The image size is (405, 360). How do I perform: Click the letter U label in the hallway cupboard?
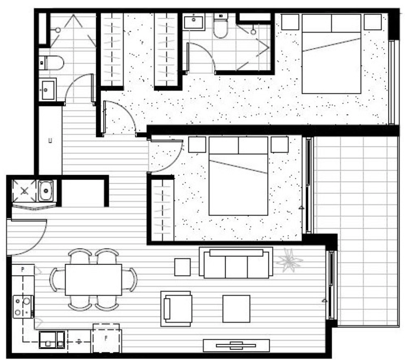(50, 141)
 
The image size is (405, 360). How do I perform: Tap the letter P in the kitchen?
(22, 269)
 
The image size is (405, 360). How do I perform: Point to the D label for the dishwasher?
(79, 342)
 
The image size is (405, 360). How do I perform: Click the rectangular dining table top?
(93, 280)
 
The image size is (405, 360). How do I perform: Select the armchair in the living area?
(177, 308)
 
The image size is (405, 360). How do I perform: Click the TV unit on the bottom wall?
(236, 345)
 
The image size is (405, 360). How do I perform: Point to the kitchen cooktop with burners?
(23, 307)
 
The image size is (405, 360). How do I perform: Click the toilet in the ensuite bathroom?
(221, 26)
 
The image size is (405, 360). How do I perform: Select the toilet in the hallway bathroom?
(53, 62)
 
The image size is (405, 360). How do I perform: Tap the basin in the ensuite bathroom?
(194, 22)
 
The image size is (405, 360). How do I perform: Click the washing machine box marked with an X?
(24, 191)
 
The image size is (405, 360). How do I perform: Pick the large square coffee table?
(236, 308)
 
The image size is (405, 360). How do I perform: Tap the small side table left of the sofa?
(182, 267)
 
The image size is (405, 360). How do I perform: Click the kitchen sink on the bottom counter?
(51, 340)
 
